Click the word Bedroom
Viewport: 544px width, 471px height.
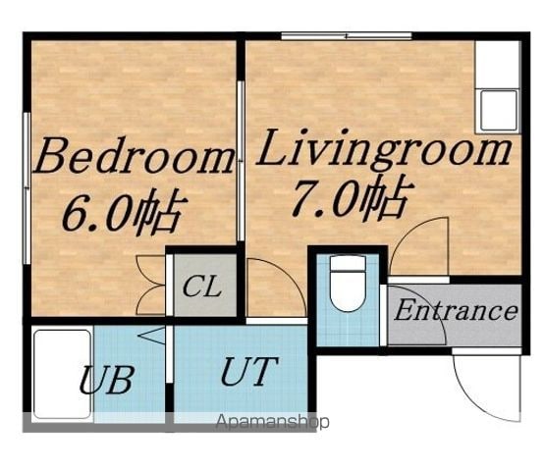coord(134,156)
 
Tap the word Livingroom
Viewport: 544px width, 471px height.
coord(384,149)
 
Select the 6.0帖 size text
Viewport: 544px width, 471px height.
coord(125,211)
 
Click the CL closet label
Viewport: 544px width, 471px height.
coord(202,287)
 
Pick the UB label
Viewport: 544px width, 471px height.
coord(107,379)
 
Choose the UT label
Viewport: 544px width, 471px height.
coord(249,371)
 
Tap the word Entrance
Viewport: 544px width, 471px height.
coord(456,310)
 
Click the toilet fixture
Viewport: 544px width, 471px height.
coord(348,284)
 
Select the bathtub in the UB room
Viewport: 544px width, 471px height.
coord(63,374)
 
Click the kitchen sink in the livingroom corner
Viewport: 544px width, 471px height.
coord(499,110)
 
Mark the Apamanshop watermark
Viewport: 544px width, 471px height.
coord(273,422)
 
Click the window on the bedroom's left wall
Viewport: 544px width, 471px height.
coord(27,188)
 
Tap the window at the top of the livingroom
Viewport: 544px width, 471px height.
coord(347,35)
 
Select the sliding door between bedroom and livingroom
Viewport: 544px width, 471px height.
coord(241,161)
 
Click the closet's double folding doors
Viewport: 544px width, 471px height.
coord(151,285)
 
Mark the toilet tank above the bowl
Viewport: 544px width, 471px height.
coord(348,263)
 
